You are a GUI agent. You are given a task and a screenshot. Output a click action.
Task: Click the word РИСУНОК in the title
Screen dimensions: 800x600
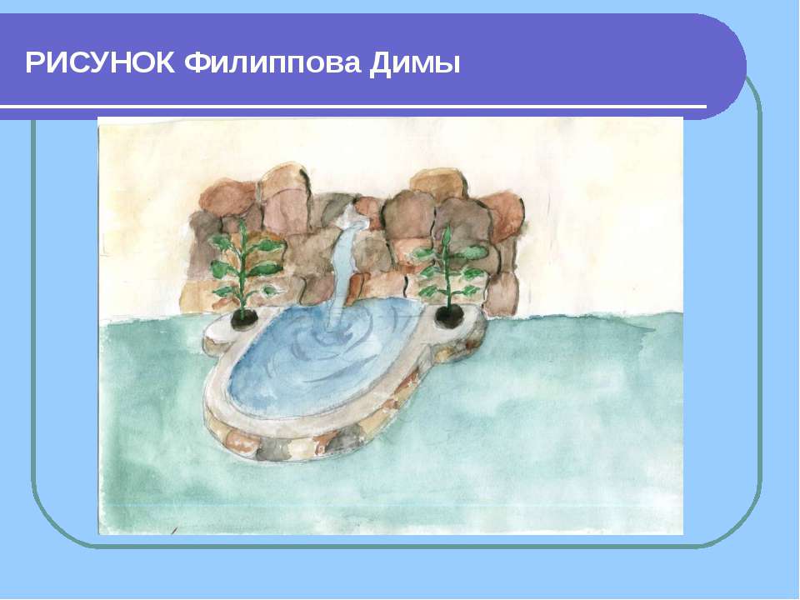click(x=100, y=63)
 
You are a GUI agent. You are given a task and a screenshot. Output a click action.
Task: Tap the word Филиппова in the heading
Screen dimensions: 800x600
click(x=272, y=63)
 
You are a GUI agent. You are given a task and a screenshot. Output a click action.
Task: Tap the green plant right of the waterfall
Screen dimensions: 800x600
click(x=449, y=267)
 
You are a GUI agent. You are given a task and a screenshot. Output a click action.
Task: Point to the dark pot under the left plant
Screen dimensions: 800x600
click(x=244, y=319)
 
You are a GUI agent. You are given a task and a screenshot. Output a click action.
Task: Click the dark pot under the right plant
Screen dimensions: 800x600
click(x=449, y=317)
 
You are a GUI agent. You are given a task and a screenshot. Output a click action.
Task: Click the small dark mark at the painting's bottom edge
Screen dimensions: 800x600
click(x=174, y=531)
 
